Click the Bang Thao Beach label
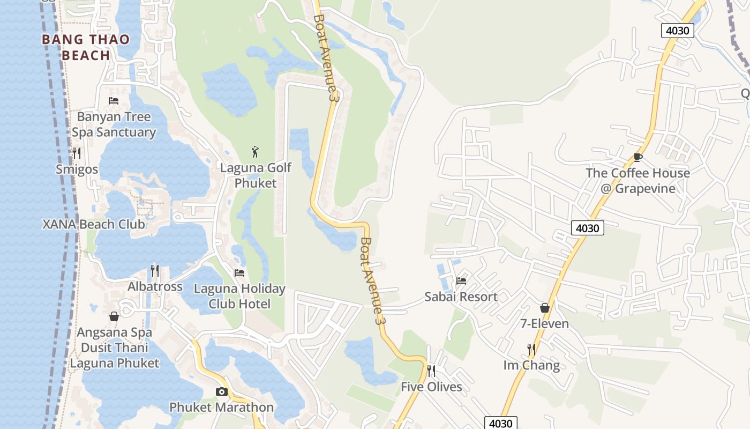(x=86, y=47)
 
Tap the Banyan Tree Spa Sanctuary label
(x=114, y=124)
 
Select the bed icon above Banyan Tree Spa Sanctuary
(x=114, y=100)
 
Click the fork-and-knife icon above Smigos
(x=77, y=153)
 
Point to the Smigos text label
(x=77, y=169)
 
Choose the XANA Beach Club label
(x=94, y=224)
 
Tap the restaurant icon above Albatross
(x=155, y=270)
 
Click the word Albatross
(x=155, y=287)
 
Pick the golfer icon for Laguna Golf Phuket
(x=256, y=151)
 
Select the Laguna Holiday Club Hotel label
(x=239, y=296)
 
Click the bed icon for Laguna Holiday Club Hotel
(x=239, y=273)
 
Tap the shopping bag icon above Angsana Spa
(x=114, y=316)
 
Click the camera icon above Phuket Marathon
(x=221, y=391)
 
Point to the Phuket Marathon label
(x=221, y=408)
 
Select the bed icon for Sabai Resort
(x=461, y=280)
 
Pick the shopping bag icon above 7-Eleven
(x=545, y=308)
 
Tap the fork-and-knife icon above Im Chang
(x=531, y=350)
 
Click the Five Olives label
(x=431, y=387)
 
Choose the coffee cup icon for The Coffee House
(x=637, y=157)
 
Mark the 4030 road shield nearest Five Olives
(x=501, y=423)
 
